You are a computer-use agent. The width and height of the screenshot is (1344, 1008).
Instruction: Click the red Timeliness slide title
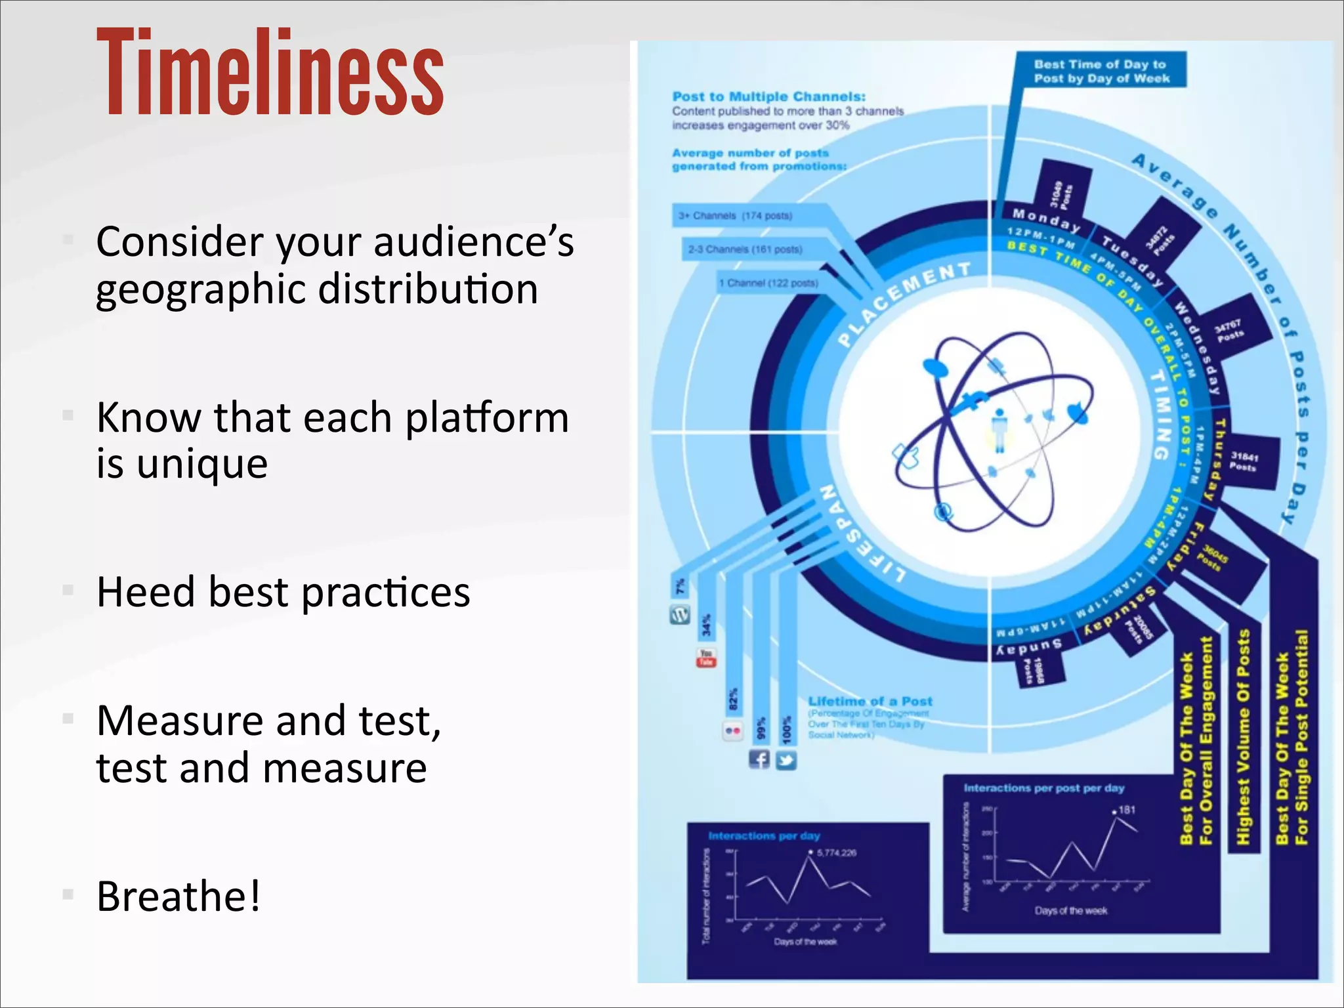coord(270,72)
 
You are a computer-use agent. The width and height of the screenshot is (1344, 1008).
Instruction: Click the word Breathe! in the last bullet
coord(178,896)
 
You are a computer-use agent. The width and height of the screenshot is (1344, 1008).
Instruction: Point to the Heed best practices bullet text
coord(283,592)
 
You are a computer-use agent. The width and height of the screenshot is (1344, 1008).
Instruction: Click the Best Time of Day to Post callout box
coord(1101,71)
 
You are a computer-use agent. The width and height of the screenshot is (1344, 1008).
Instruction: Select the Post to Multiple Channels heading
coord(768,96)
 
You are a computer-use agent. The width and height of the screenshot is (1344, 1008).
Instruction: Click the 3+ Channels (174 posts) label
coord(735,216)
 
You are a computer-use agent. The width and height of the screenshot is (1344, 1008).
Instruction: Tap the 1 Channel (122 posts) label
coord(768,283)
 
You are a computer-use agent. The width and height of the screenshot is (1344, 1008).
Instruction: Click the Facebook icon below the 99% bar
coord(759,760)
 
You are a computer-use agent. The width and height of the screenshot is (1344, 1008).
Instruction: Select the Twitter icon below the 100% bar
coord(786,761)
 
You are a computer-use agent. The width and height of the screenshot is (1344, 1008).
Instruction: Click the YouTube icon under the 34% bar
coord(706,658)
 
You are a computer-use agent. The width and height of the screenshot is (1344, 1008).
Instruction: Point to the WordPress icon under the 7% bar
coord(680,615)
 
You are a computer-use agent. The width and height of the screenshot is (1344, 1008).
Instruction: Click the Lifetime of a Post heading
coord(870,701)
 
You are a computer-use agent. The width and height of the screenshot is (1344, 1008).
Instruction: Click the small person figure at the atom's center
coord(999,430)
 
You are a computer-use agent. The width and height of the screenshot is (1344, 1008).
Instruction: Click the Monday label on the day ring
coord(1046,220)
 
